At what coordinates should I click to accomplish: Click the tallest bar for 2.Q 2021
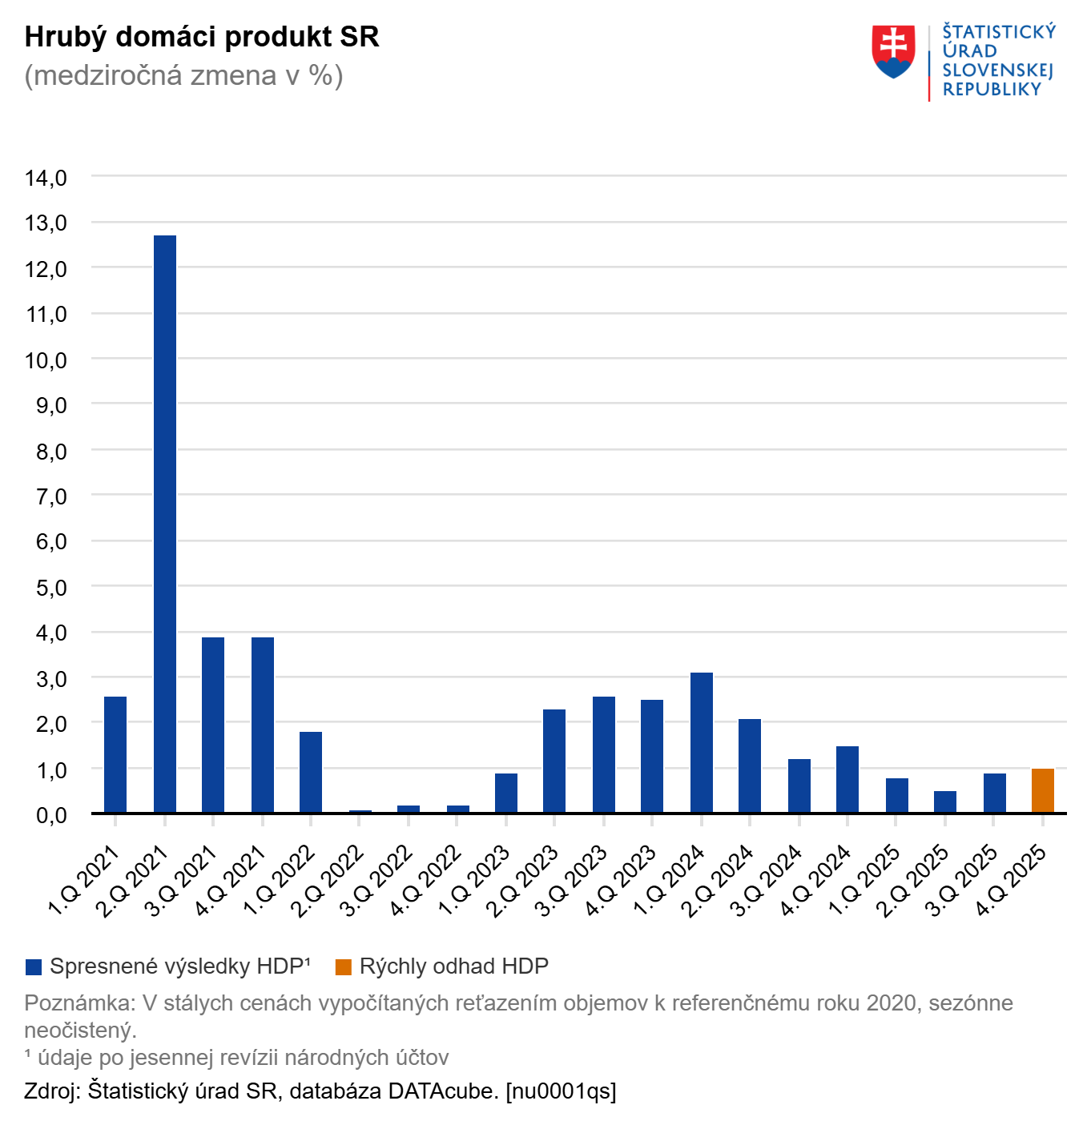tap(165, 524)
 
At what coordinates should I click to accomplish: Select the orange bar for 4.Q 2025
tap(1043, 791)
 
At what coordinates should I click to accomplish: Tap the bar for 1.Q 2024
tap(702, 743)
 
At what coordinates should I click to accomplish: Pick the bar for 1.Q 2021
tap(115, 755)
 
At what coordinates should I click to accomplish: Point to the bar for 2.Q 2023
tap(554, 761)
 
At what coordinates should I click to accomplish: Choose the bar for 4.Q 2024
tap(847, 780)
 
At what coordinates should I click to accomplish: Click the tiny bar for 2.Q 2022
tap(360, 811)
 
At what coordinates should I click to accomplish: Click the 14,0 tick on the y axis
tap(46, 178)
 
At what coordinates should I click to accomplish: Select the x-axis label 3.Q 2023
tap(572, 881)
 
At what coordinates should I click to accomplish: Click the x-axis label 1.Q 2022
tap(280, 881)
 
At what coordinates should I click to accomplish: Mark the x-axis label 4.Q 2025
tap(1012, 881)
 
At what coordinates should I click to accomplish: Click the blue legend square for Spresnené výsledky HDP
tap(34, 967)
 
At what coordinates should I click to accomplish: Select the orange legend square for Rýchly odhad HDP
tap(344, 967)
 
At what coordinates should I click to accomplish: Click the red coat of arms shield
tap(893, 50)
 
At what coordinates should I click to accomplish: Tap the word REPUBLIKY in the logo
tap(992, 90)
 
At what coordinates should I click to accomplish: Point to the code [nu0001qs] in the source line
tap(561, 1091)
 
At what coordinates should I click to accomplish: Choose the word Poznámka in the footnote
tap(78, 1003)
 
